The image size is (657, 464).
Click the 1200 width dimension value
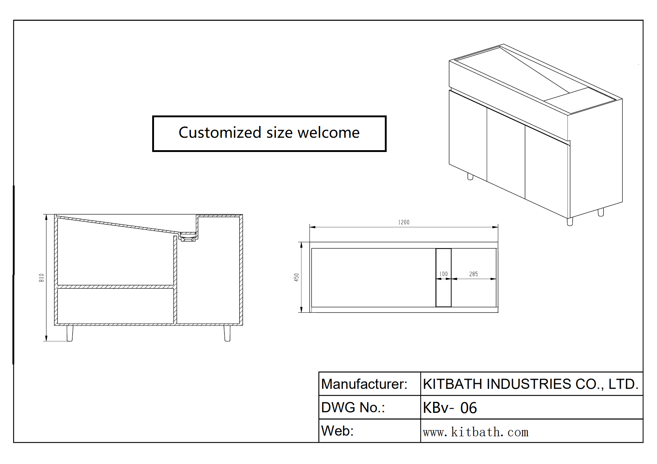coord(403,222)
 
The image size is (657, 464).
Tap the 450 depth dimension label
coord(296,277)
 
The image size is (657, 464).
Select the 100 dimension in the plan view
coord(443,274)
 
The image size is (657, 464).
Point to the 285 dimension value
coord(473,274)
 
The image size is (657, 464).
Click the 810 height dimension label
coord(41,278)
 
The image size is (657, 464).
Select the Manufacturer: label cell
coord(364,384)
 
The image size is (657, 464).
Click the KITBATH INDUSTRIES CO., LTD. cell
coord(530,384)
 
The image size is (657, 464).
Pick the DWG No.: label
coord(353,407)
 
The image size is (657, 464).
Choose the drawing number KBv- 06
coord(450,408)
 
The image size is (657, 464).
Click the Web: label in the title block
coord(337,431)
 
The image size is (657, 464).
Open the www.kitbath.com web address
coord(476,432)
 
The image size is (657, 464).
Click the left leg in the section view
coord(70,333)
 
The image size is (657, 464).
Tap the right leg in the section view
coord(227,333)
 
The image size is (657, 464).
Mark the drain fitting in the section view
coord(188,237)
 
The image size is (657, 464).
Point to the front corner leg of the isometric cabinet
coord(570,221)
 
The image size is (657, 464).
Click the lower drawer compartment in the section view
coord(115,306)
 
